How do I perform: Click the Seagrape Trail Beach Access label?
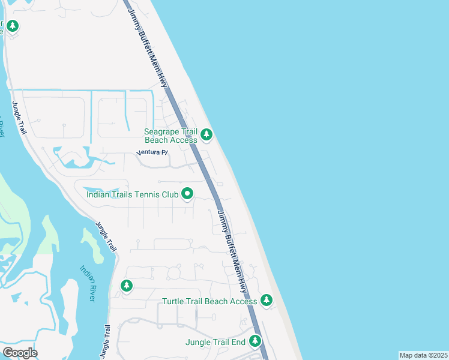(x=171, y=136)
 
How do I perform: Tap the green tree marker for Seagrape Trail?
(x=206, y=134)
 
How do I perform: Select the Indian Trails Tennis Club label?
(x=133, y=194)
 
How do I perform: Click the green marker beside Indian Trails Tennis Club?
(x=187, y=193)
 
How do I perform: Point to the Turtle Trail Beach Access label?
(x=209, y=301)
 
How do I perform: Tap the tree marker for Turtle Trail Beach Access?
(x=266, y=299)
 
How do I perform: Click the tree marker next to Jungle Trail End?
(x=256, y=341)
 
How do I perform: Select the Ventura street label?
(x=152, y=152)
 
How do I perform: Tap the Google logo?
(x=20, y=353)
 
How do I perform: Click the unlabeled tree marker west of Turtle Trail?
(x=126, y=285)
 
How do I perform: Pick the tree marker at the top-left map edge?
(x=12, y=26)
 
